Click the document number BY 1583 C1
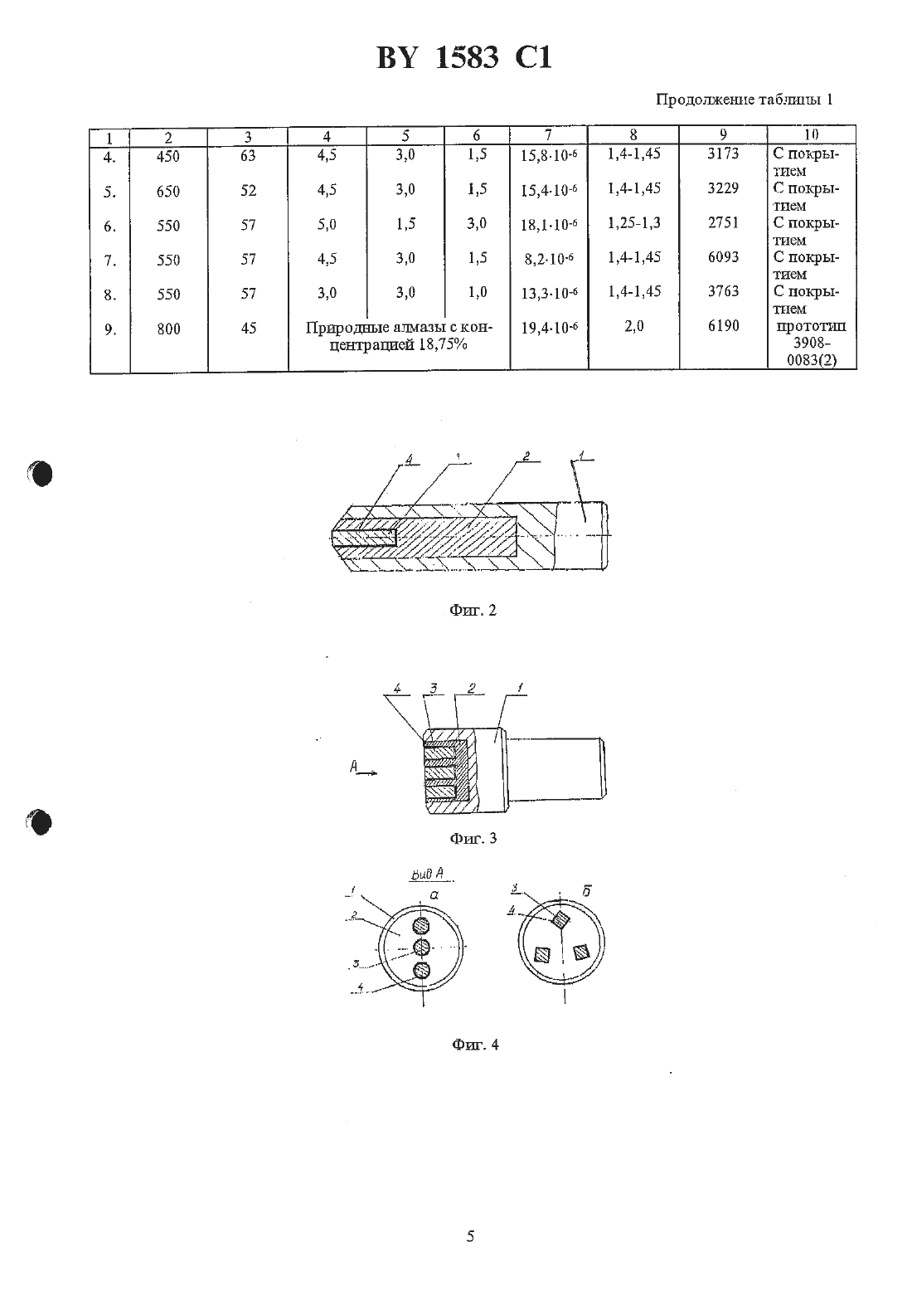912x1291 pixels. pos(464,58)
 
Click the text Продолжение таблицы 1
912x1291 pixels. pos(744,100)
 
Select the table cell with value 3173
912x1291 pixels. pos(723,153)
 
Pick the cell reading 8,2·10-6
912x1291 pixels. pos(549,260)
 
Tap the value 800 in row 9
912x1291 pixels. pos(168,329)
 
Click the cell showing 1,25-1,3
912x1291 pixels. pos(634,223)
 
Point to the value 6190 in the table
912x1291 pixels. pos(723,326)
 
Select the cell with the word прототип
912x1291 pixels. pos(811,326)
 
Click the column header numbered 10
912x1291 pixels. pos(811,134)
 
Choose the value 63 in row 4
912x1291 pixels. pos(248,156)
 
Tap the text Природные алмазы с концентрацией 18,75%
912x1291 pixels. pos(399,336)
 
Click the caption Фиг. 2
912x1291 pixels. pos(473,611)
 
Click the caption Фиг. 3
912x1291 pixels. pos(473,839)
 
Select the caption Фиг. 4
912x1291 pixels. pos(475,1045)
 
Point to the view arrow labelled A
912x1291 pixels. pos(363,768)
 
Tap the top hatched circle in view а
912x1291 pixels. pos(421,926)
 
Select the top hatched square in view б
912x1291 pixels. pos(560,920)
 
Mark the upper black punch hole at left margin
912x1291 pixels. pos(41,474)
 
